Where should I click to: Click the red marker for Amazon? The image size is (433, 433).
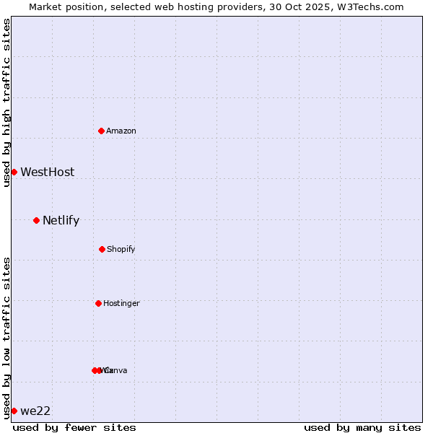(x=101, y=131)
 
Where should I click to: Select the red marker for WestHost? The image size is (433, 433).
(x=14, y=172)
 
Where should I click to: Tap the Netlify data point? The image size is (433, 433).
(x=36, y=220)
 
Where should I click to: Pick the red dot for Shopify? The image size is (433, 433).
(x=102, y=249)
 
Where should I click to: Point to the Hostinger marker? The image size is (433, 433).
(x=98, y=303)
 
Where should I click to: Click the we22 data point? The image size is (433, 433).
(x=14, y=411)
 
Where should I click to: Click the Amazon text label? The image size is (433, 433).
(x=121, y=131)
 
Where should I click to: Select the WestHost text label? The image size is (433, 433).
(x=47, y=172)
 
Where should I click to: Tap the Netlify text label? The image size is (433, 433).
(x=61, y=220)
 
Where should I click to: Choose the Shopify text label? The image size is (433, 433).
(x=121, y=249)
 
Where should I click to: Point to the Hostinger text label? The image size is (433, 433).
(x=121, y=303)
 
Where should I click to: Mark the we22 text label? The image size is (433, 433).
(x=35, y=411)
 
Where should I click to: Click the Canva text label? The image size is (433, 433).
(x=117, y=370)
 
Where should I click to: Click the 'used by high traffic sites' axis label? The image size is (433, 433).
(x=6, y=103)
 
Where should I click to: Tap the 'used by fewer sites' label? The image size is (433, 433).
(x=74, y=427)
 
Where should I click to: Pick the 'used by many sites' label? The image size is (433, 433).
(x=362, y=427)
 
